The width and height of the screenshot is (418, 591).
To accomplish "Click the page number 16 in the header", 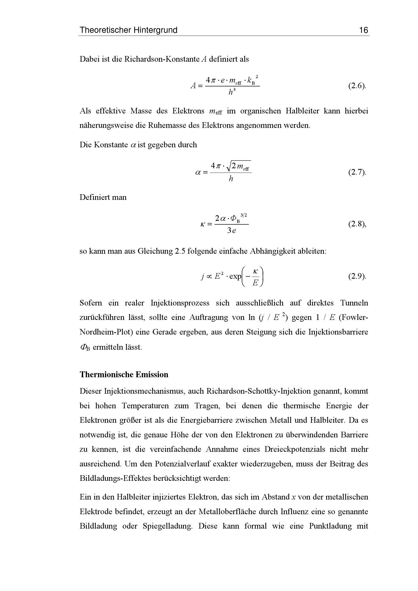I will coord(364,30).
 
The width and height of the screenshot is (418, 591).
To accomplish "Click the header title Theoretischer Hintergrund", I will coord(128,30).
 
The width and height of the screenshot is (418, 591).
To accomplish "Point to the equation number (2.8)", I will coord(357,224).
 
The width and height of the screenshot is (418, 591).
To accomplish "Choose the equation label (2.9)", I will coord(357,276).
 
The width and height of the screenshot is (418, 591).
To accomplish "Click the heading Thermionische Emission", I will coord(124,374).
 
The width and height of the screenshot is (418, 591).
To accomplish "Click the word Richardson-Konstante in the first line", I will coord(162,59).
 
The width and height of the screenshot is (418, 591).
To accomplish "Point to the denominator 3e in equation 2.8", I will coord(231,231).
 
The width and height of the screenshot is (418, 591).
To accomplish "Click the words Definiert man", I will coord(103,197).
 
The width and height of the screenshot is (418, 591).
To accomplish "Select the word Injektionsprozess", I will coord(180,303).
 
